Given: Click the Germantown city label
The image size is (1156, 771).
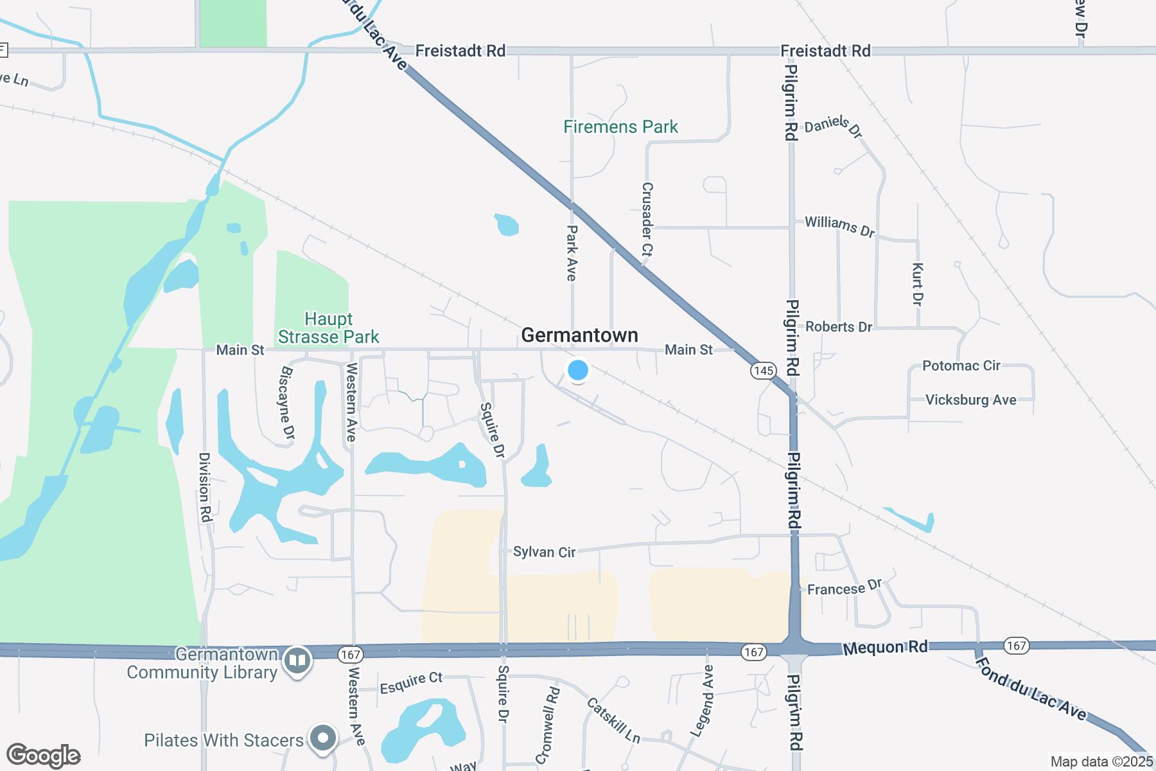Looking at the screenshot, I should (x=579, y=335).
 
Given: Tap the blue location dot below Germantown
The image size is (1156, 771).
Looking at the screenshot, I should (x=578, y=370).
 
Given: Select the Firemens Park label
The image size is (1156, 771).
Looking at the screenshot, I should (x=620, y=127).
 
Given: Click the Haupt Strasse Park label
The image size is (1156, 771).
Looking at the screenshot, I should (x=328, y=328).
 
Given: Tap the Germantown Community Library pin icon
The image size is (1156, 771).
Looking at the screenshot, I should (x=297, y=661).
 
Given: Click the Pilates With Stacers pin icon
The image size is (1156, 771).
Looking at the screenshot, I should (x=323, y=738).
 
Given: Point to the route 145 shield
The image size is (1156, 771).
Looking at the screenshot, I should (x=763, y=371).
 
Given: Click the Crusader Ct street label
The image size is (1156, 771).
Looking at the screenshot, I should (x=647, y=220).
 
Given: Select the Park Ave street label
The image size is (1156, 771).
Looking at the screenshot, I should (x=572, y=253).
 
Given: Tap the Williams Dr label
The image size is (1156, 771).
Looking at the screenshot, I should (x=839, y=226).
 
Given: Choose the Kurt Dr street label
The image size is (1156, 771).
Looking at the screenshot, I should (x=918, y=283).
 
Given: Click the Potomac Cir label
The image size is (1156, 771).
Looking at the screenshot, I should (x=961, y=366).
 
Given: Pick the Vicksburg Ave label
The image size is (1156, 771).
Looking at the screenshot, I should (x=970, y=400).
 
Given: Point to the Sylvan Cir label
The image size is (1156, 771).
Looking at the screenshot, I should (x=544, y=552).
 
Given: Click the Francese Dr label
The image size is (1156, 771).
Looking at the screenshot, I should (x=845, y=588).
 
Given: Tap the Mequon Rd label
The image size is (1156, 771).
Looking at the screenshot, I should (x=885, y=647).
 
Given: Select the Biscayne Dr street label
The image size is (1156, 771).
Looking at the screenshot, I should (x=287, y=403).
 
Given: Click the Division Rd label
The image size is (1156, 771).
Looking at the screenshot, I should (x=205, y=486).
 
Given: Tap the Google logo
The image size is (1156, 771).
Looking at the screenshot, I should (x=43, y=756).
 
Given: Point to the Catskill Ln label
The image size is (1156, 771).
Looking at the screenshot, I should (x=613, y=720).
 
